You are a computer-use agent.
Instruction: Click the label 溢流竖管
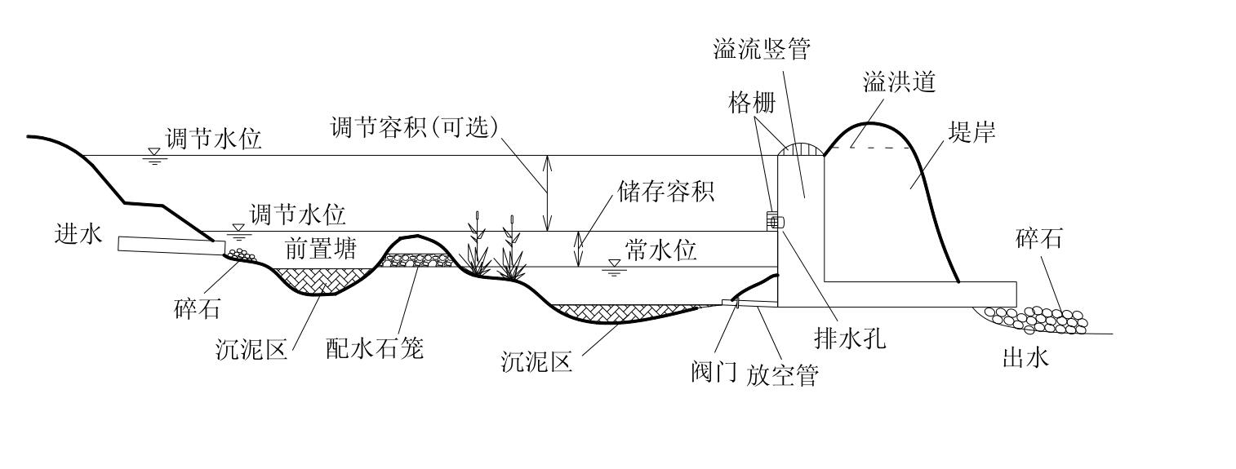pos(761,50)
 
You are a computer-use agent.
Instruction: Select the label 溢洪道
pos(898,83)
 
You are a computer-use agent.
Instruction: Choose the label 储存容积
pos(665,192)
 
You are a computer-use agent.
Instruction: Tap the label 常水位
pos(661,250)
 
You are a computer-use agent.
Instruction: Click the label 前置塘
pos(321,249)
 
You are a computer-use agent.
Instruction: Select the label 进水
pos(75,234)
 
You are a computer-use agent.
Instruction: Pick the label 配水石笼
pos(375,348)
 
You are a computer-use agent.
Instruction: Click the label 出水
pos(1025,357)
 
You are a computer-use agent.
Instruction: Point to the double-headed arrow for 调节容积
pos(548,192)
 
